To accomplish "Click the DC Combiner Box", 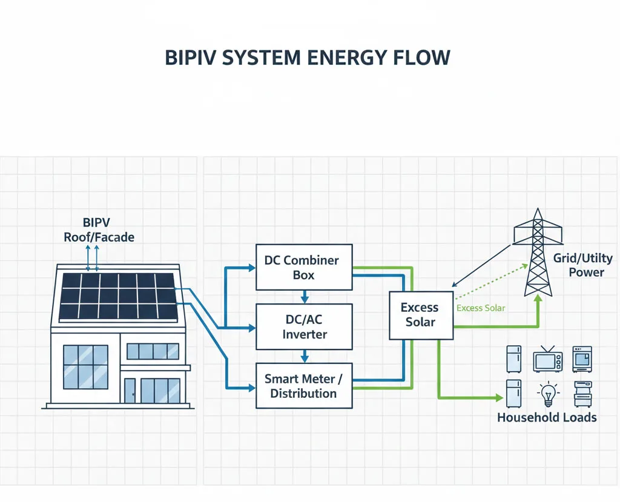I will [x=304, y=267].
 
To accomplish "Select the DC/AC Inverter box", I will [x=304, y=327].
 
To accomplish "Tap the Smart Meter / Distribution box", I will [x=304, y=386].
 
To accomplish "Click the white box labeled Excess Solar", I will [x=420, y=314].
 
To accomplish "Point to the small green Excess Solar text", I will [x=481, y=308].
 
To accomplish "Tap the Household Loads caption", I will [x=547, y=417].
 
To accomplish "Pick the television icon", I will [x=547, y=359].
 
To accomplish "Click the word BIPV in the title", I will [x=187, y=58].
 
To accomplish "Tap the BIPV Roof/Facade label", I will [x=99, y=230].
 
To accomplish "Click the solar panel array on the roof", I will [x=119, y=297].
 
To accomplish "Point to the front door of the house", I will [x=130, y=391].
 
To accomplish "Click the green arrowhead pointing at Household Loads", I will [x=499, y=398].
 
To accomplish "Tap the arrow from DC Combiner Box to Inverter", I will [x=304, y=297].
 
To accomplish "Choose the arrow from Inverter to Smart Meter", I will [x=304, y=357].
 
